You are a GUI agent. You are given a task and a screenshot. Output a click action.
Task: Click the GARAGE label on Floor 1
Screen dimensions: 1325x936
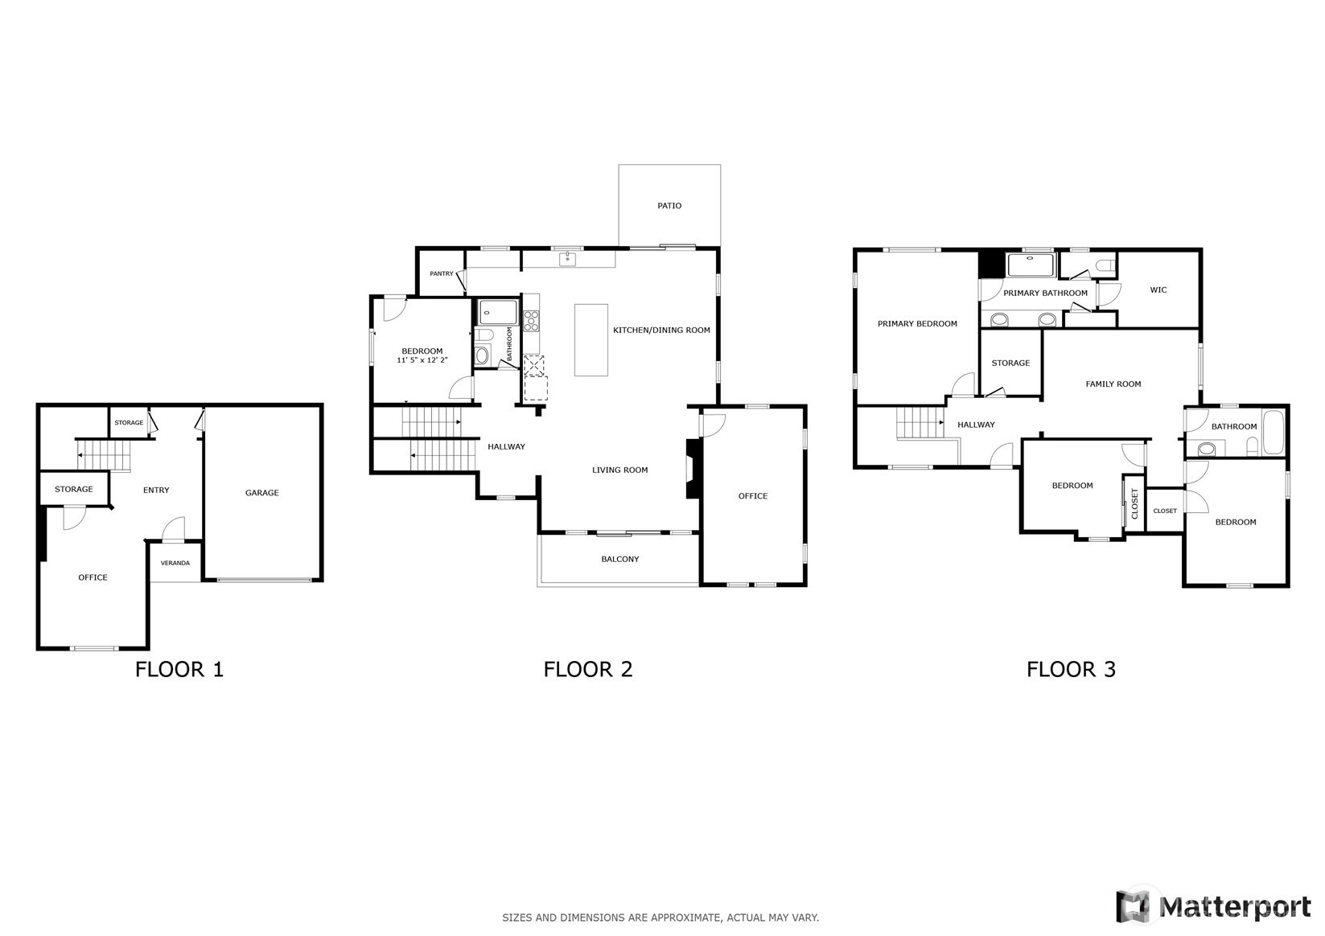click(x=262, y=493)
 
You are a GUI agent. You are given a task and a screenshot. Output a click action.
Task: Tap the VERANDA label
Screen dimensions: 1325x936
click(x=175, y=563)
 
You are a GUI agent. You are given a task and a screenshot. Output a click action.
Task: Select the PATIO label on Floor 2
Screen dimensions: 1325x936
click(x=669, y=206)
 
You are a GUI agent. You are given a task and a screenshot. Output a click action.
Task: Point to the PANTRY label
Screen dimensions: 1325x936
click(x=442, y=273)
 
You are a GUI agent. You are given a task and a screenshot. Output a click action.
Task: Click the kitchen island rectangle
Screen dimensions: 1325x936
click(x=591, y=340)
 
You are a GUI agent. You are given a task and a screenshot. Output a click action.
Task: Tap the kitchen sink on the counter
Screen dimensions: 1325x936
click(x=567, y=259)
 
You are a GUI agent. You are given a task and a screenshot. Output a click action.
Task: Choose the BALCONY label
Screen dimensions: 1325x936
click(x=620, y=559)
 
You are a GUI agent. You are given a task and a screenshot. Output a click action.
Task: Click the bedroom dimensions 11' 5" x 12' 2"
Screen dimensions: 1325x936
click(x=422, y=360)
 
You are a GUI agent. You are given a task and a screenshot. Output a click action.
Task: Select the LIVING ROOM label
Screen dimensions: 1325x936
click(x=620, y=470)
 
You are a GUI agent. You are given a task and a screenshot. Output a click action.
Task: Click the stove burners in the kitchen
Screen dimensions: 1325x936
click(x=531, y=321)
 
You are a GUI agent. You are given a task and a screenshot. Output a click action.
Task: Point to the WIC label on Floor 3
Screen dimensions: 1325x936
click(x=1158, y=289)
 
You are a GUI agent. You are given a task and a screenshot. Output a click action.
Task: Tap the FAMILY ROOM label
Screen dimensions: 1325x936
click(x=1113, y=384)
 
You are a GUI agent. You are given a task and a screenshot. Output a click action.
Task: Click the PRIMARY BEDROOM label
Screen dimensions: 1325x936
click(x=917, y=323)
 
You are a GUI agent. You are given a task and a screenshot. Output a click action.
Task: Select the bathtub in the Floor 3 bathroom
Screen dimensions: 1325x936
click(x=1273, y=433)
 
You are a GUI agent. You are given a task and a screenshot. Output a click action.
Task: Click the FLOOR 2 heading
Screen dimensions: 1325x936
click(x=588, y=669)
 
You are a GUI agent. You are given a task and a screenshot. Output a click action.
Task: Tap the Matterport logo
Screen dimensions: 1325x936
click(x=1214, y=906)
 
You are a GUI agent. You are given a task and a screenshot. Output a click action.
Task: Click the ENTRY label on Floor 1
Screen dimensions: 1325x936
click(x=156, y=490)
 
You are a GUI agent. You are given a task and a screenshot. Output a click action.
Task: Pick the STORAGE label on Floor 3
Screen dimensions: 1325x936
click(x=1011, y=363)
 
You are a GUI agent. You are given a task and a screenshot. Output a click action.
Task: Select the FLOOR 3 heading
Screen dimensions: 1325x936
click(x=1071, y=669)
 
